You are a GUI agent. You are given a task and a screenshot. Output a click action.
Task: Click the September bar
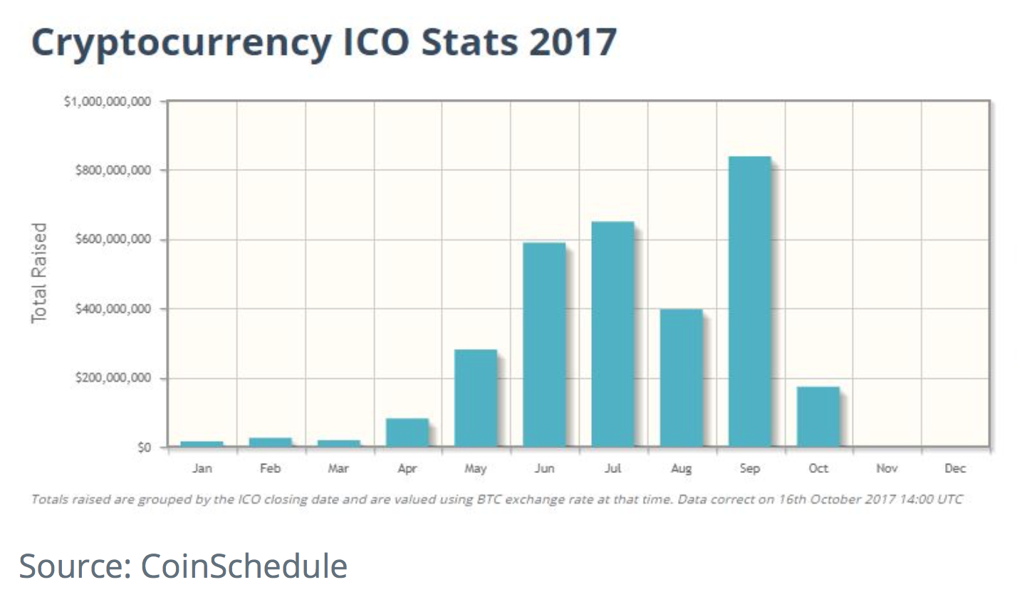click(x=750, y=301)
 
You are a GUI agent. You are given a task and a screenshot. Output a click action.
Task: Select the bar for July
click(x=612, y=334)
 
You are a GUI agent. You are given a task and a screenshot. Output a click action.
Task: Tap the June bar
click(x=544, y=345)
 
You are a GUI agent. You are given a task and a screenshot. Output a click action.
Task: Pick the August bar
click(x=681, y=378)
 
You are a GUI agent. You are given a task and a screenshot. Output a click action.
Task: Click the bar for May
click(x=476, y=398)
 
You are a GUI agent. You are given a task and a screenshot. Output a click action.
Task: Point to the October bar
click(x=818, y=417)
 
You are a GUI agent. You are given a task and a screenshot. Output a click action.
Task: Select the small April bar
click(x=407, y=432)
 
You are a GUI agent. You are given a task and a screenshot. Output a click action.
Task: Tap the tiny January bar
click(x=202, y=444)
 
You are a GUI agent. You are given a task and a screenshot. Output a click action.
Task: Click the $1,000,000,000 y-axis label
click(x=108, y=101)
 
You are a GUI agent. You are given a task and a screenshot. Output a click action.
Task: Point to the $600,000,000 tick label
click(x=113, y=239)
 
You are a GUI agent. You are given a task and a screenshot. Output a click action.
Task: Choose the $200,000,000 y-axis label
click(x=113, y=378)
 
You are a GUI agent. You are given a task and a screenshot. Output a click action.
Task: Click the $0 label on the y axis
click(x=145, y=447)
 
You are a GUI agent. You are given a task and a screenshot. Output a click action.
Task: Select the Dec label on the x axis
click(x=955, y=468)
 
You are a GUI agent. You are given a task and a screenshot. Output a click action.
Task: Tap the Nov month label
click(x=887, y=468)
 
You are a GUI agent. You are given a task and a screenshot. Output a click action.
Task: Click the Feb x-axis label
click(x=270, y=468)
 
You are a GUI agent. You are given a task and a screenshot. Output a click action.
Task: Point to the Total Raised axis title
click(x=39, y=273)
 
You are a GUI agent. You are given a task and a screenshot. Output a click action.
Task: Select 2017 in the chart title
click(x=573, y=42)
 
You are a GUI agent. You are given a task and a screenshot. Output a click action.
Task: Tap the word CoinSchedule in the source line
click(x=244, y=566)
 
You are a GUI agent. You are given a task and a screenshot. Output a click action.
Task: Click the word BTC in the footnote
click(x=489, y=499)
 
